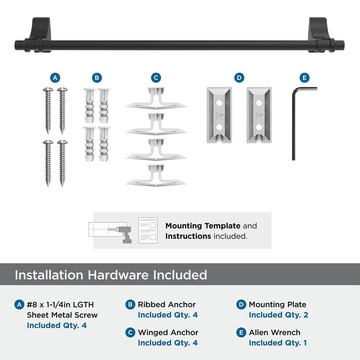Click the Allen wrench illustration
tap(294, 122)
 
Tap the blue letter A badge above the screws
tap(54, 78)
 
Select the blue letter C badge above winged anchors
tap(156, 78)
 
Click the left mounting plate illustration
tap(219, 114)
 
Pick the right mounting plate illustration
tap(259, 114)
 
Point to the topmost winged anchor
tap(156, 98)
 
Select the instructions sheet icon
tap(148, 230)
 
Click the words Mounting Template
tap(203, 226)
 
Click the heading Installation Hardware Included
tap(111, 275)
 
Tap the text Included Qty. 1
tap(278, 343)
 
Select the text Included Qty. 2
tap(278, 315)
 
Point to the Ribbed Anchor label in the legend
tap(167, 305)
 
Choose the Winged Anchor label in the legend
tap(168, 332)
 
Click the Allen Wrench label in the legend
tap(274, 332)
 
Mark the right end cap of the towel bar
tap(340, 45)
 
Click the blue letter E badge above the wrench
tap(304, 78)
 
